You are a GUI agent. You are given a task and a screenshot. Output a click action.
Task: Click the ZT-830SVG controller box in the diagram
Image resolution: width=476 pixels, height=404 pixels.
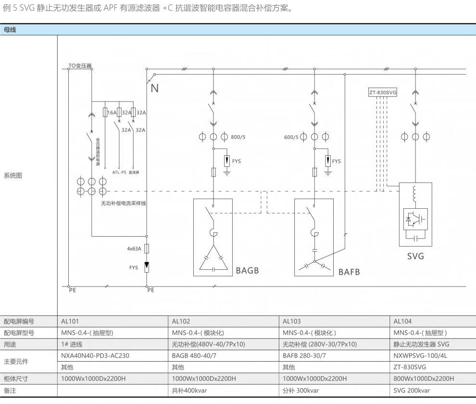383,92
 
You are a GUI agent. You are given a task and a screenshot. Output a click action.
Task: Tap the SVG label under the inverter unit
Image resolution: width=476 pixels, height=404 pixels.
415,256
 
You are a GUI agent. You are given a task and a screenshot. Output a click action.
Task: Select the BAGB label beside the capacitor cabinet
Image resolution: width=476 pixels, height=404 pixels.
247,270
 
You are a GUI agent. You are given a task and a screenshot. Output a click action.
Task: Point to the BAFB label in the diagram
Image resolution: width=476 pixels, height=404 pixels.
349,272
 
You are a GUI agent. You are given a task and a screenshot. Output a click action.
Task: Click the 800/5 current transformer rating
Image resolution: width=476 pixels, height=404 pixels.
238,137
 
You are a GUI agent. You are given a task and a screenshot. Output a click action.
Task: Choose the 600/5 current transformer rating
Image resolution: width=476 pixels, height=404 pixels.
291,137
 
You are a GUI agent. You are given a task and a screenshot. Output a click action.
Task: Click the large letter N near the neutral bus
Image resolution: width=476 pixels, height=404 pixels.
154,88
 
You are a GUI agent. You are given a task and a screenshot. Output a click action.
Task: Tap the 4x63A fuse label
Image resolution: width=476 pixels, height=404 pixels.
134,249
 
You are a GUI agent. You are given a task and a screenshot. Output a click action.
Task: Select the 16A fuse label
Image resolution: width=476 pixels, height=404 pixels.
112,113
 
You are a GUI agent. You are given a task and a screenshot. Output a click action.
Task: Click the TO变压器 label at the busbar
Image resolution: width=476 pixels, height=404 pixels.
80,65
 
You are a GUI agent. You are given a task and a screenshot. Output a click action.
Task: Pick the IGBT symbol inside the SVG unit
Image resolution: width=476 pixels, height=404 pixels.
415,218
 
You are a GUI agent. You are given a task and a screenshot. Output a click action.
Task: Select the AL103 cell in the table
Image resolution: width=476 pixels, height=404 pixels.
292,321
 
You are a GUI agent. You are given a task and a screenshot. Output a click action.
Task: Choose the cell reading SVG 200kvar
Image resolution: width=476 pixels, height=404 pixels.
412,391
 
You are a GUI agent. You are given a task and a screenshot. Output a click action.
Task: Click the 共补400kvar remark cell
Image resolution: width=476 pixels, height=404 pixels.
189,391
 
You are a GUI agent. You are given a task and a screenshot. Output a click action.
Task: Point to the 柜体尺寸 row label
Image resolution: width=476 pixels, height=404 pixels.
16,379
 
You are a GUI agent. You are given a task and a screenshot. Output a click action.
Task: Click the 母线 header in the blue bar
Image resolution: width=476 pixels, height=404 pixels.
10,30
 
